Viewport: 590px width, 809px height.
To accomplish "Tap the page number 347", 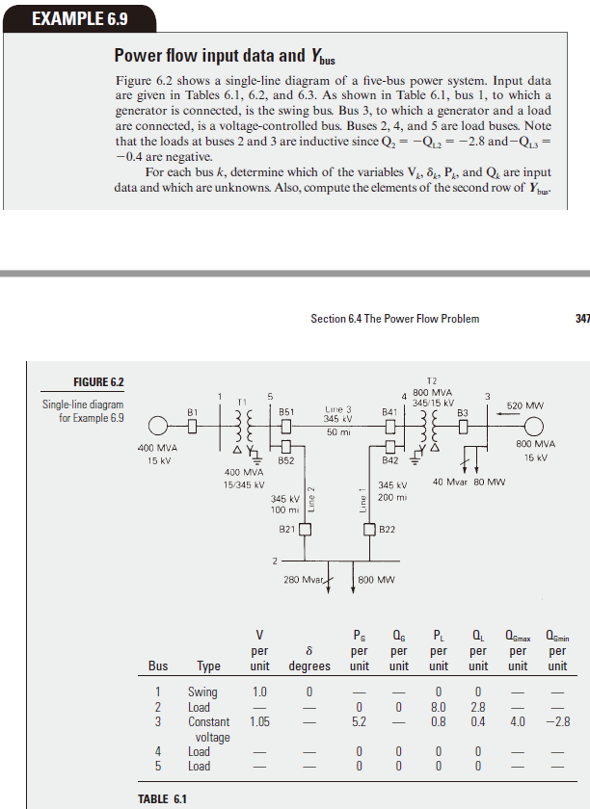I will pyautogui.click(x=580, y=319).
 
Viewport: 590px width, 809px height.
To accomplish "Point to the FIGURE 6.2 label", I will pyautogui.click(x=99, y=383).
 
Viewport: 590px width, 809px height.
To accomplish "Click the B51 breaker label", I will pyautogui.click(x=286, y=411).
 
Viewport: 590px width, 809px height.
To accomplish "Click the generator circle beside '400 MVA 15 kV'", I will pyautogui.click(x=156, y=425).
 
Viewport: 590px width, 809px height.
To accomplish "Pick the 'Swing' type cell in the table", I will pyautogui.click(x=202, y=692).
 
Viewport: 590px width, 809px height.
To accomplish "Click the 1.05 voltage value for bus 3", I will pyautogui.click(x=258, y=721).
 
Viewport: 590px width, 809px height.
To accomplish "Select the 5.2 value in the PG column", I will pyautogui.click(x=359, y=721).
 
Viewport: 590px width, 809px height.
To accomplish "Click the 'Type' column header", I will pyautogui.click(x=208, y=665).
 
